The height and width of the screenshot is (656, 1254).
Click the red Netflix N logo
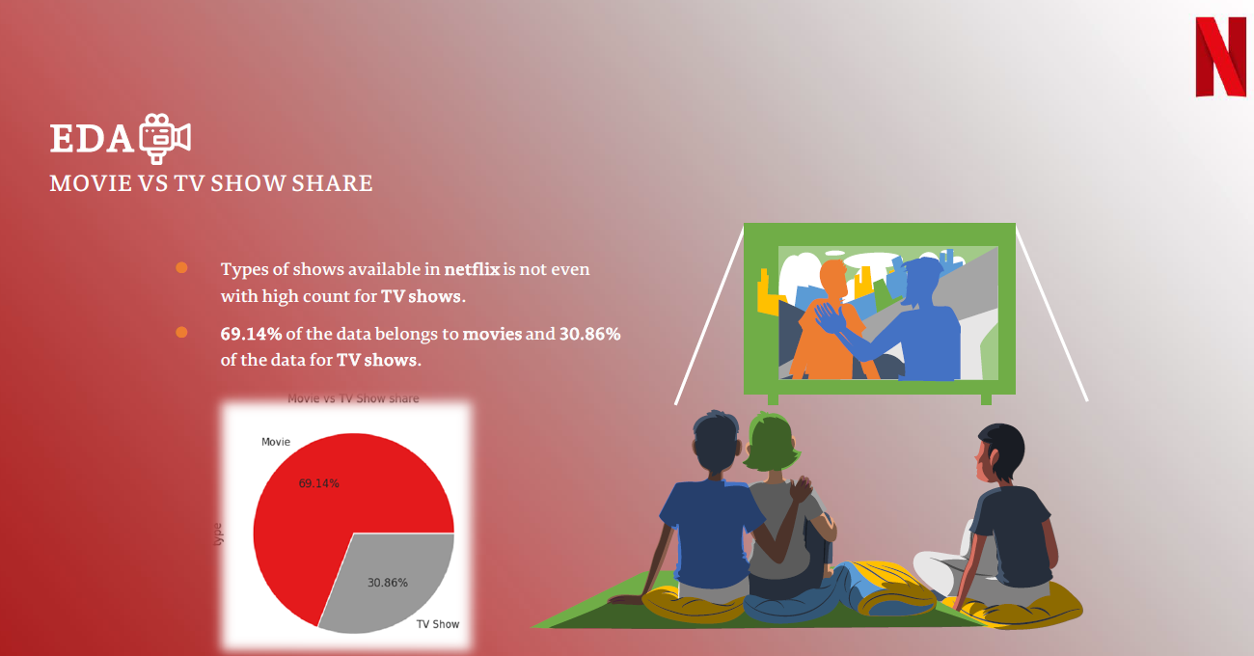click(x=1220, y=57)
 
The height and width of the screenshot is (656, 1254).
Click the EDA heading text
click(x=92, y=138)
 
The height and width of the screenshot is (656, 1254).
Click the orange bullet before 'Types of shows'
click(x=181, y=267)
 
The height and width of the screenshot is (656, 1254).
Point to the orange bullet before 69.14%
click(x=181, y=333)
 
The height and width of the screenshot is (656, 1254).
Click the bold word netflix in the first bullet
click(x=472, y=269)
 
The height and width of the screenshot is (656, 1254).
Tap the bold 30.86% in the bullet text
click(x=590, y=334)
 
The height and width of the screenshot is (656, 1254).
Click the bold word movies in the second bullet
click(x=492, y=334)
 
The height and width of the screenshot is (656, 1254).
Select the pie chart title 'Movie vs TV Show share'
click(x=353, y=398)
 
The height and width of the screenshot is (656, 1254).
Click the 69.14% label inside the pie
click(x=318, y=483)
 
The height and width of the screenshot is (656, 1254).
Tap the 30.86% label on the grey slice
click(x=388, y=583)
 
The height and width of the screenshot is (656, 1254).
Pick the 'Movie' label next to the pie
click(x=276, y=442)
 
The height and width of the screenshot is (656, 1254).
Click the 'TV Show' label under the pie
click(x=438, y=624)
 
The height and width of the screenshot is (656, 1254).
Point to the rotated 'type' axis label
click(x=218, y=534)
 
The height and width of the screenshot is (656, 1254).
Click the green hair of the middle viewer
click(x=771, y=442)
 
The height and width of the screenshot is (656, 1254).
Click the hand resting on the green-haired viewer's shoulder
click(x=802, y=490)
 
